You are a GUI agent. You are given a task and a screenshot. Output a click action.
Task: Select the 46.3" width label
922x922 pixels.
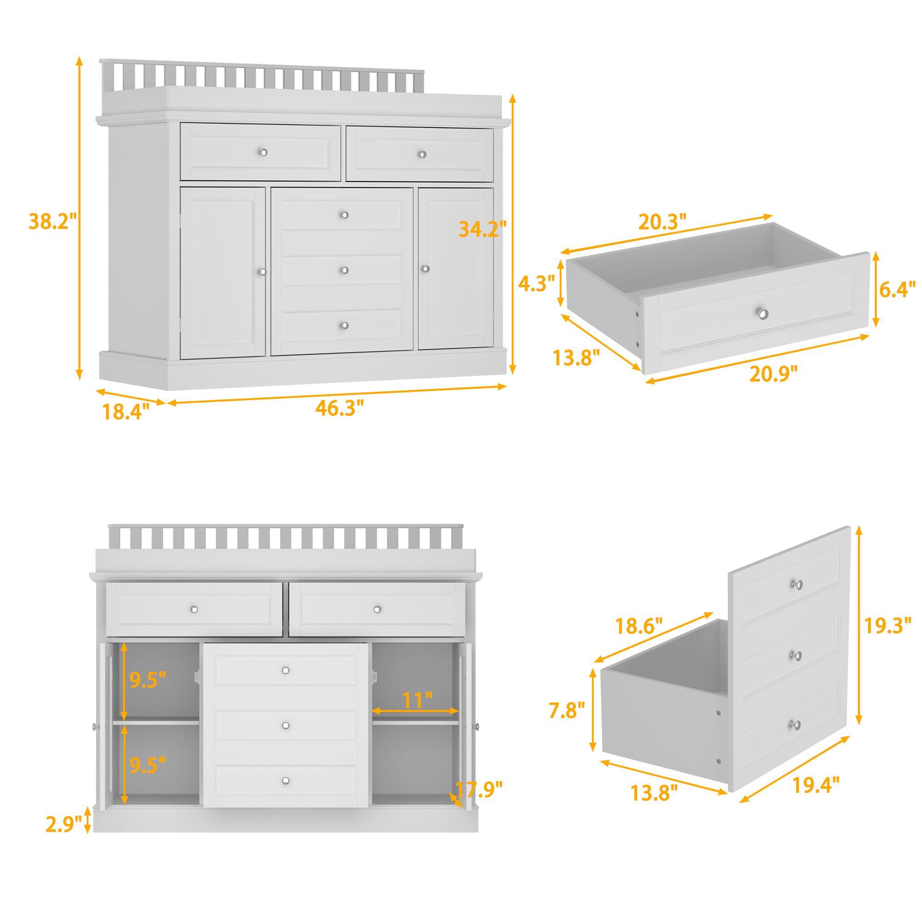[x=340, y=408]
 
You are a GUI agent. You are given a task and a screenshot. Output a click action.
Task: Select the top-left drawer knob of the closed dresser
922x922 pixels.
[x=263, y=152]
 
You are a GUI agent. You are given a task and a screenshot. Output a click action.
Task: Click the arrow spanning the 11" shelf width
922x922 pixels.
[x=415, y=724]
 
